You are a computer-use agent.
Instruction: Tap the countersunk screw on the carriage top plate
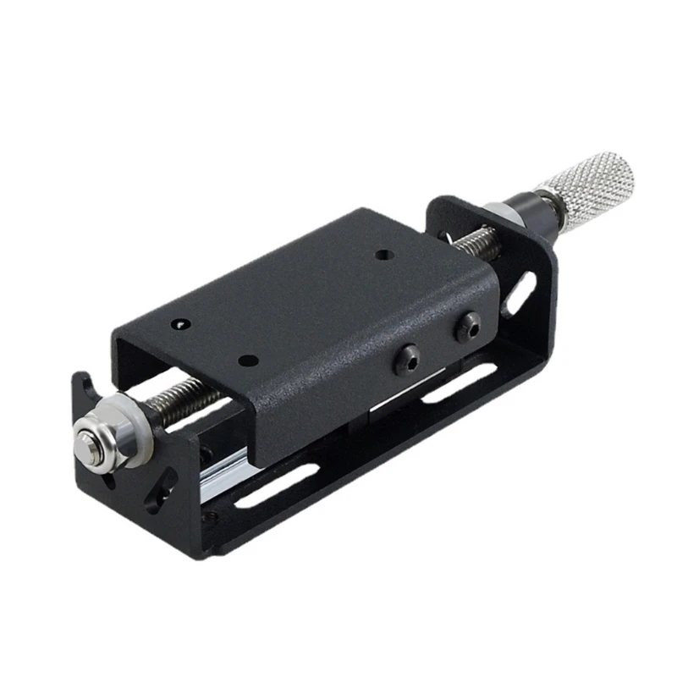coord(179,323)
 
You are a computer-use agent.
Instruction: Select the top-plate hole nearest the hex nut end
coord(247,361)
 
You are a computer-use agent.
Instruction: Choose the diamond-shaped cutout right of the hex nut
coord(157,491)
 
